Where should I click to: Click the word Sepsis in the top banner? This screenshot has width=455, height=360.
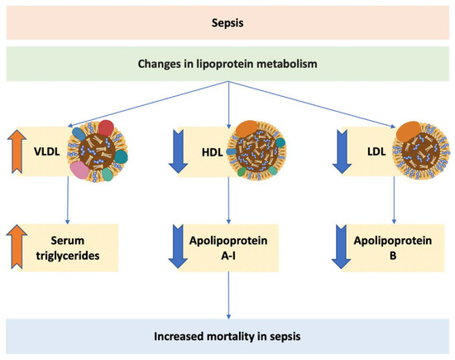pyautogui.click(x=227, y=20)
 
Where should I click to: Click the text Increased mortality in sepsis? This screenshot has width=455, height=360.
pyautogui.click(x=227, y=337)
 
